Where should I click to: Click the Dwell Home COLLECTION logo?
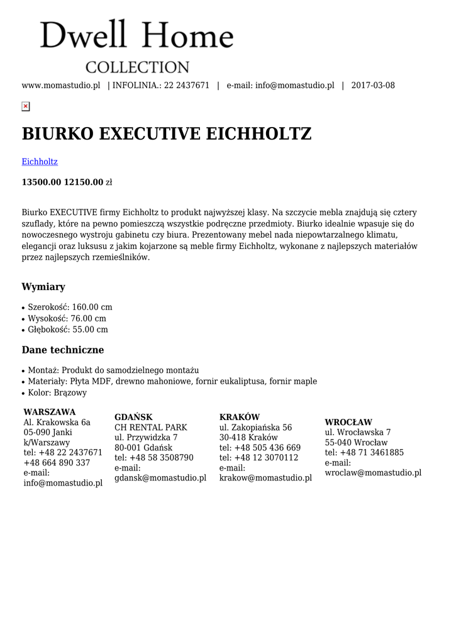tap(136, 46)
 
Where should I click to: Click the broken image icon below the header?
tap(25, 106)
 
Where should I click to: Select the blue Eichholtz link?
tap(40, 162)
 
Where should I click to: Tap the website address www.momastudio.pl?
tap(61, 86)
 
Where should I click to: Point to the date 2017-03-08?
tap(373, 86)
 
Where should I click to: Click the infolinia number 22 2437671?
tap(187, 86)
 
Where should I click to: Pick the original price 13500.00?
tap(42, 182)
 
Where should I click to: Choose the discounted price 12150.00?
tap(84, 182)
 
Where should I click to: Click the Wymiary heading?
tap(43, 287)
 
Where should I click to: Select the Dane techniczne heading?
tap(63, 350)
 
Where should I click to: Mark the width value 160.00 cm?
tap(92, 307)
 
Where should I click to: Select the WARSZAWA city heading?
tap(50, 412)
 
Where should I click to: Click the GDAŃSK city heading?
tap(133, 417)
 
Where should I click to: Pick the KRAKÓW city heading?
tap(240, 417)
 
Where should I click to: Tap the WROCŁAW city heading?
tap(348, 422)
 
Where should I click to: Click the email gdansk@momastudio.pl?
tap(160, 478)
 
